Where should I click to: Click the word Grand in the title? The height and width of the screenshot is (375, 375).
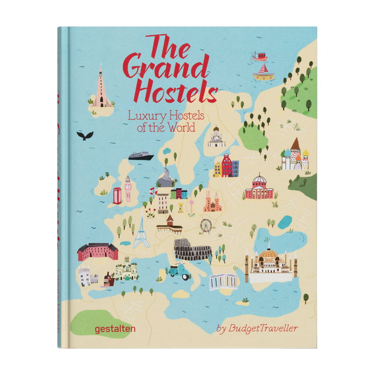[x=166, y=69]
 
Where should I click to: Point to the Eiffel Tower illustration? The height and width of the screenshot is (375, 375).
[x=141, y=230]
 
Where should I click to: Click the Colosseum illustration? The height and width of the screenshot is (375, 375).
[x=192, y=250]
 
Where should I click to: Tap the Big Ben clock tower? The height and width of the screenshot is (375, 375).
[x=128, y=188]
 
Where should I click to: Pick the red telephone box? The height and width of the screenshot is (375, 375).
[x=117, y=196]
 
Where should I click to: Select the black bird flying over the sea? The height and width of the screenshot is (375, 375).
[x=85, y=136]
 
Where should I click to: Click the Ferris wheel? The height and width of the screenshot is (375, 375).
[x=205, y=226]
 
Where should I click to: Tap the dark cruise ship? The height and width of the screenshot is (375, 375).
[x=140, y=155]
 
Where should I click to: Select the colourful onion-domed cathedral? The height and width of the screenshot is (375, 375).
[x=296, y=155]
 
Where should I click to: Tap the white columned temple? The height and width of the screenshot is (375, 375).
[x=223, y=281]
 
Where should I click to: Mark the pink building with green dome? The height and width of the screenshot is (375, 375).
[x=259, y=187]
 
